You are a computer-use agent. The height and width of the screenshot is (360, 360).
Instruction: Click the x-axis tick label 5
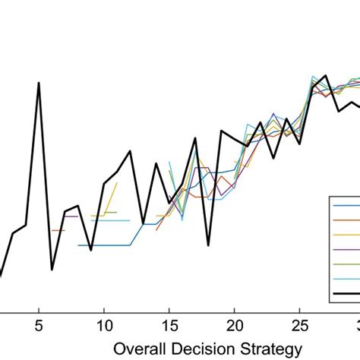(x=39, y=327)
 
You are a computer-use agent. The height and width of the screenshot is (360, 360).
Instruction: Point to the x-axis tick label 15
(x=169, y=327)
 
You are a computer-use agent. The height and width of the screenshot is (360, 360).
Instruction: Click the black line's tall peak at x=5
(x=39, y=84)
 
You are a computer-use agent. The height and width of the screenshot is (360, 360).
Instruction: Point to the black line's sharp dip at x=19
(x=209, y=245)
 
